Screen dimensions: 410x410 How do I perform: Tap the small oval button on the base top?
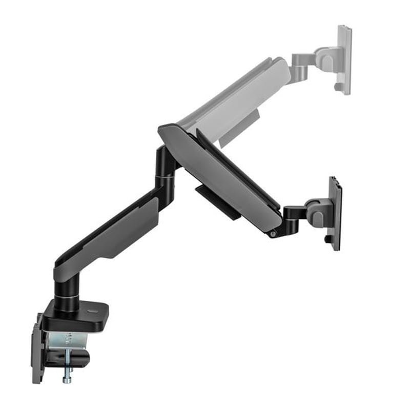click(x=94, y=311)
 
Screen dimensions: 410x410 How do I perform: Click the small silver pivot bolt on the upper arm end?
click(x=273, y=234)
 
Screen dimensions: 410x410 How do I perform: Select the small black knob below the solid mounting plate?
click(x=326, y=239)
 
